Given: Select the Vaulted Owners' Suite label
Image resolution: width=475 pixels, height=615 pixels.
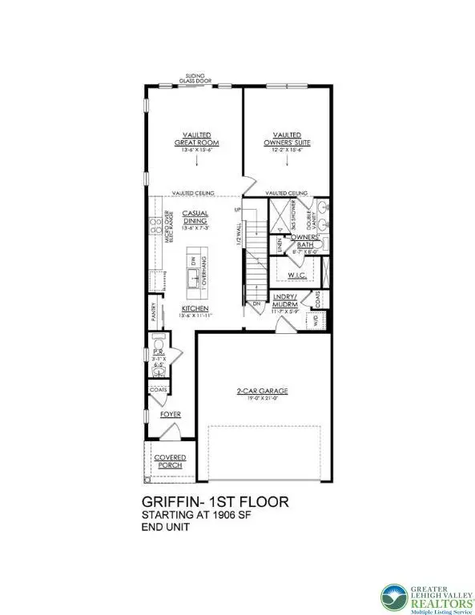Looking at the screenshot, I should pos(287,139).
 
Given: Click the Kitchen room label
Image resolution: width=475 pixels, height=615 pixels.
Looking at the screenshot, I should pos(195,308).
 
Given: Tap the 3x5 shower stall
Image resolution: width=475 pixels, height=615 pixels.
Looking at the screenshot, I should pos(282,214).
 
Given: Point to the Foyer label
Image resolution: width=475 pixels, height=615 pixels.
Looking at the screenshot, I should pos(170,415).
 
